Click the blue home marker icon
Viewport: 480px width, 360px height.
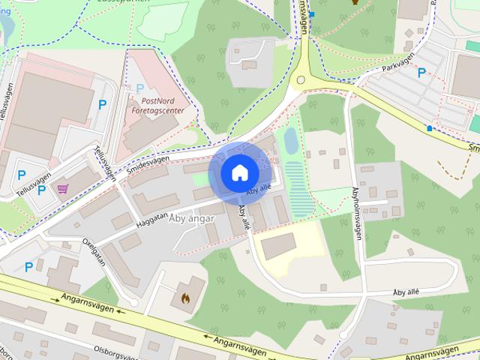pos(238,172)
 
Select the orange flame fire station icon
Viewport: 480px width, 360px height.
pos(185,298)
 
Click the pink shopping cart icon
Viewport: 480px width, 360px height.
pos(61,189)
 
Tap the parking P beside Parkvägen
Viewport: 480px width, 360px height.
pos(422,73)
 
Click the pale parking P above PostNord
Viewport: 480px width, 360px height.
pos(139,88)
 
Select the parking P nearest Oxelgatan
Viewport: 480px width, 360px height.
pos(28,266)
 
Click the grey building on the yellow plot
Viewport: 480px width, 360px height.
pos(278,245)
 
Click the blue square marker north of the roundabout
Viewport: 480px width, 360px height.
pos(311,14)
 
